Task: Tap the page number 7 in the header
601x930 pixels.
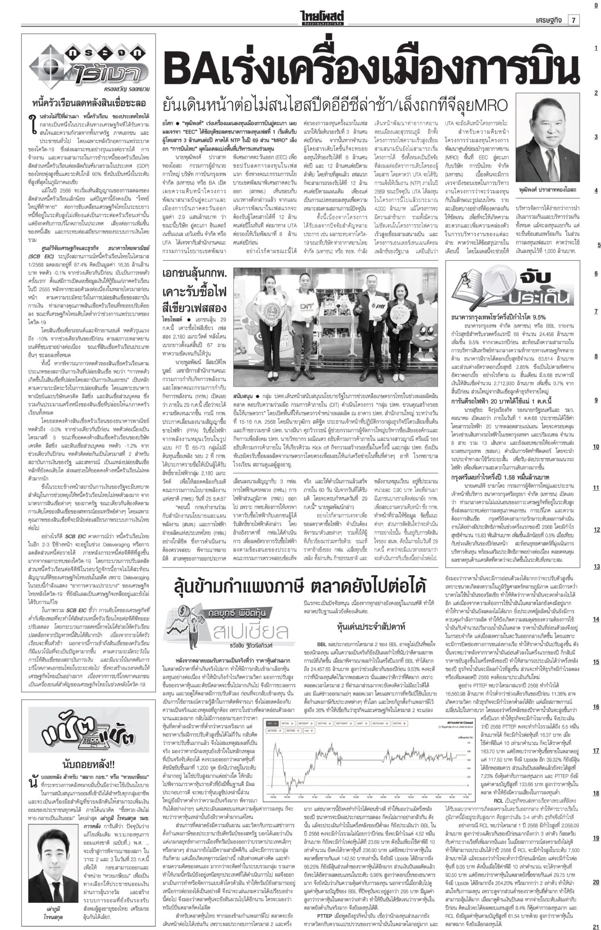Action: click(x=573, y=7)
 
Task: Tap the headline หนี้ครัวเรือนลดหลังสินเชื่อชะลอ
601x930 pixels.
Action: click(x=89, y=103)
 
